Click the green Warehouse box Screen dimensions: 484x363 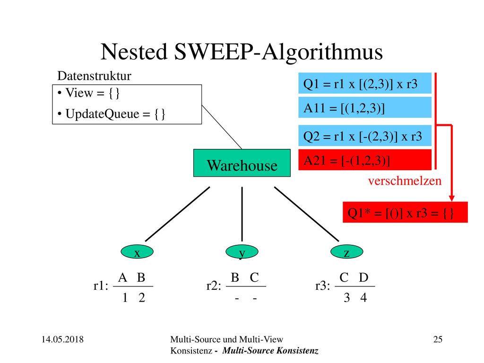pos(242,163)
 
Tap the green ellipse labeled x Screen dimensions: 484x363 pos(137,251)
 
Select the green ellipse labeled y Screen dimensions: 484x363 pos(242,251)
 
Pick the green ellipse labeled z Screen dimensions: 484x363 pos(346,251)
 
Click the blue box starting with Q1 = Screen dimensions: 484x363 pos(365,83)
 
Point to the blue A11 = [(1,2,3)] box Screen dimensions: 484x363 pos(365,108)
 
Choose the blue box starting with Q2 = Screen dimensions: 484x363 pos(365,136)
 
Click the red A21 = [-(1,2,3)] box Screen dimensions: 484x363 pos(365,160)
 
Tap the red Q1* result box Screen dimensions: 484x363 pos(405,212)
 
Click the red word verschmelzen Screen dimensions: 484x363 pos(405,181)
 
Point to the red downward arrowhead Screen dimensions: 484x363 pos(451,198)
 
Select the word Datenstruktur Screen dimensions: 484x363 pos(94,76)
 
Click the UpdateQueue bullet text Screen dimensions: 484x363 pos(112,114)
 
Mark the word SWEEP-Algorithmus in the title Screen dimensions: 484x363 pos(278,52)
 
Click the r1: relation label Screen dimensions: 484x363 pos(101,286)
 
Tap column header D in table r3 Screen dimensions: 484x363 pos(363,277)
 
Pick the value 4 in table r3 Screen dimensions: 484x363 pos(363,298)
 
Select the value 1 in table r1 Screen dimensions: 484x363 pos(125,298)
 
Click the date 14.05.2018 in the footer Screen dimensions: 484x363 pos(63,339)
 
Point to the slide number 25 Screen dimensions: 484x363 pos(438,339)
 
